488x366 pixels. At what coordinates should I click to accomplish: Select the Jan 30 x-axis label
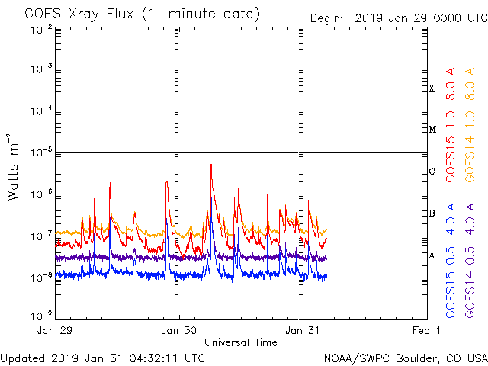coord(180,331)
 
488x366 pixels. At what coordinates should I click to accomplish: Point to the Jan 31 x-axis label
coord(303,331)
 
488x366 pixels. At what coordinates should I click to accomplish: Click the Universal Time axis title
coord(240,342)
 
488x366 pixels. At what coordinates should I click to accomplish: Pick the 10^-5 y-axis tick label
coord(42,152)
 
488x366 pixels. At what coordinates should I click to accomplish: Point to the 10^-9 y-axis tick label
coord(42,314)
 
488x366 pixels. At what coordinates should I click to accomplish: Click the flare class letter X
coord(432,88)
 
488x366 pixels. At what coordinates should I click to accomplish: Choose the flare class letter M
coord(432,130)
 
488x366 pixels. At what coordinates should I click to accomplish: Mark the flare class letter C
coord(432,172)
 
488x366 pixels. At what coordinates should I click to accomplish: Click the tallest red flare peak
coord(210,165)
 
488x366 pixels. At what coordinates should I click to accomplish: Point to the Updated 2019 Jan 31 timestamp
coord(102,358)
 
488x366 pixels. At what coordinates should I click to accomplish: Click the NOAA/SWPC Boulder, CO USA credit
coord(405,358)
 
